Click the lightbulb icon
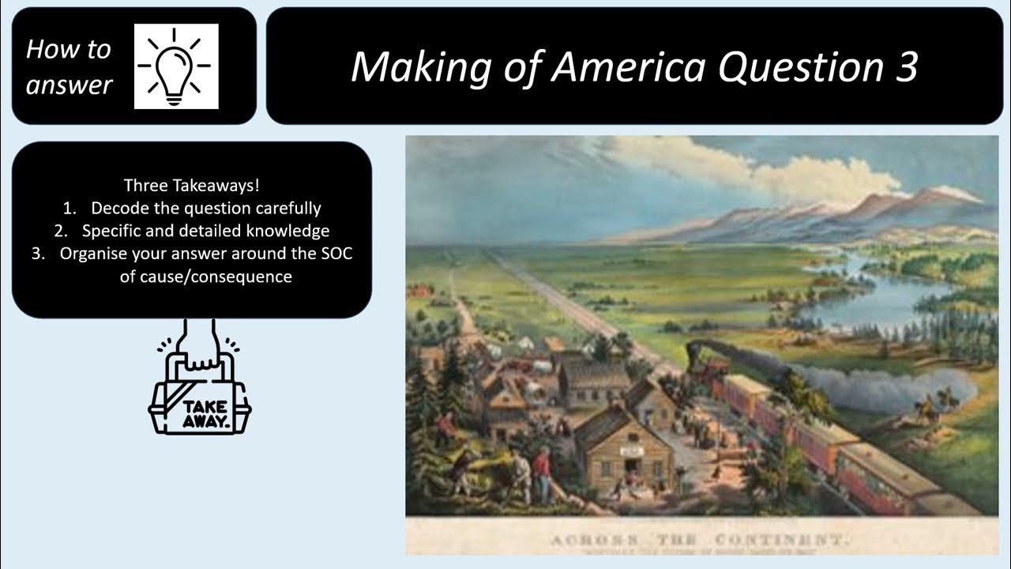pyautogui.click(x=176, y=66)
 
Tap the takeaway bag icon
pyautogui.click(x=199, y=399)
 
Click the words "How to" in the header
pyautogui.click(x=69, y=49)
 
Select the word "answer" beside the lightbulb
pyautogui.click(x=70, y=85)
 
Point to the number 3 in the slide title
pyautogui.click(x=906, y=66)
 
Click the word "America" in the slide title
pyautogui.click(x=627, y=66)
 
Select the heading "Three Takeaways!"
pyautogui.click(x=192, y=186)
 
